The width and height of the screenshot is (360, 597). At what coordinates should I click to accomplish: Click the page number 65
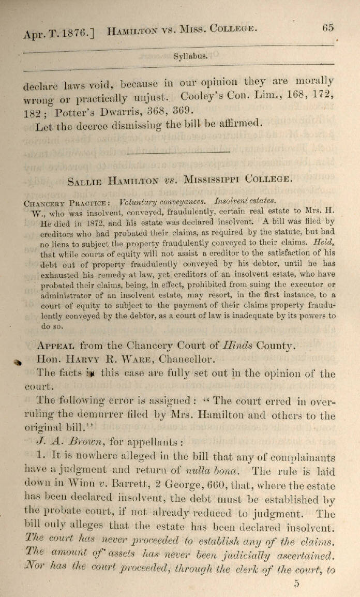[328, 28]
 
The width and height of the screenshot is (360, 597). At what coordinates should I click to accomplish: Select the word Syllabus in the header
[191, 56]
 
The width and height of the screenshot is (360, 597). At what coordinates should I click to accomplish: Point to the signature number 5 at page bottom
[296, 584]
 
